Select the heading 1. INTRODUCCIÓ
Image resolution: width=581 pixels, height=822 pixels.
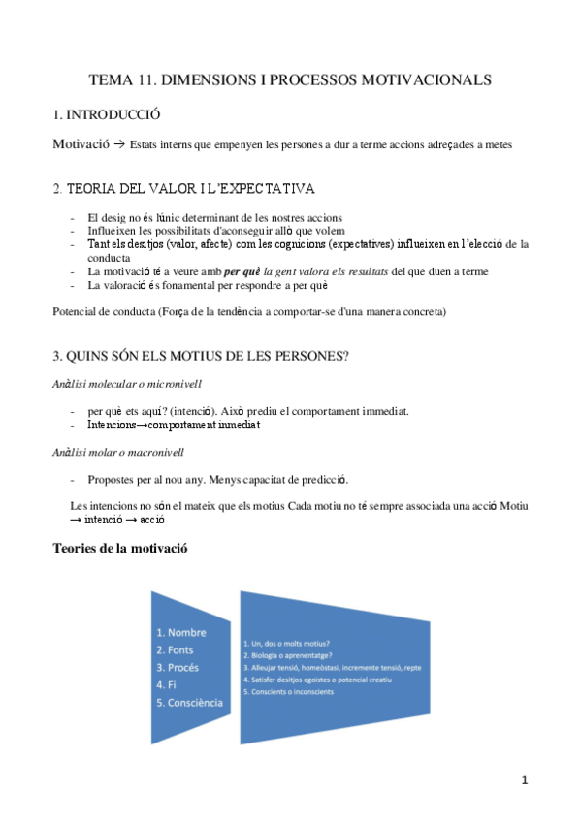coord(107,114)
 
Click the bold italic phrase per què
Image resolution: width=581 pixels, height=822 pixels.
coord(243,272)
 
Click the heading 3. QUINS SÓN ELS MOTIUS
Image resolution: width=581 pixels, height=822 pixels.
coord(200,355)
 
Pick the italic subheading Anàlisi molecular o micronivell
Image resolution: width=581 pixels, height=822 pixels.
coord(127,384)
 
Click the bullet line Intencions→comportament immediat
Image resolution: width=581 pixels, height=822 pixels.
coord(174,425)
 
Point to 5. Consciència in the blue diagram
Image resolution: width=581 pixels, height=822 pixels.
coord(190,702)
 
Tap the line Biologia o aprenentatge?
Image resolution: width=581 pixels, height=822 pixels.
coord(294,655)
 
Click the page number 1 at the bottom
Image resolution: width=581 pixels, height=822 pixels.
coord(524,779)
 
